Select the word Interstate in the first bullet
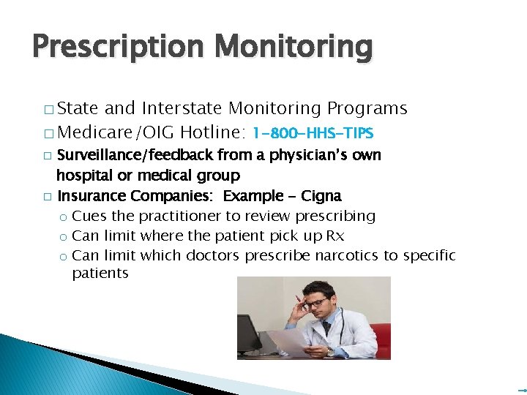(183, 109)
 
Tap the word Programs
(367, 109)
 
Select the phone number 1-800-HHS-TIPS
(313, 133)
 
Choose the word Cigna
(321, 196)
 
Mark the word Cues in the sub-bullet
(89, 216)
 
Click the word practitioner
(162, 216)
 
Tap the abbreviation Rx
(334, 236)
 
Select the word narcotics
(310, 255)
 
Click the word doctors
(214, 255)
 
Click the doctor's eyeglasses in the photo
(317, 302)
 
